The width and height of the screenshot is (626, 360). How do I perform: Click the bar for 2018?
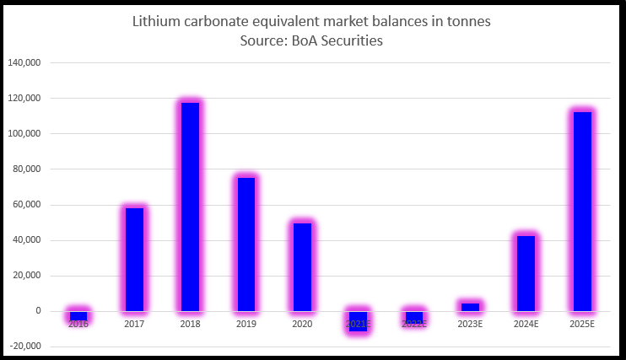(x=191, y=207)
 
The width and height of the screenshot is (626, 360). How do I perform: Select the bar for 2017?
(x=135, y=259)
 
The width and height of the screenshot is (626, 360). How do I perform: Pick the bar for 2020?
(x=303, y=266)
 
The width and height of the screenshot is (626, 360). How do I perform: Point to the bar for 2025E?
(x=582, y=211)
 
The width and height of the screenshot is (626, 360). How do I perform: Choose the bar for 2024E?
(x=526, y=273)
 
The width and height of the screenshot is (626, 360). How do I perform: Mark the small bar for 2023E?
(x=470, y=307)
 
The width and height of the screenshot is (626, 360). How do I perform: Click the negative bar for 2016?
(x=78, y=316)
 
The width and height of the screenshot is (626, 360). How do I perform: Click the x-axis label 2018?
(x=191, y=324)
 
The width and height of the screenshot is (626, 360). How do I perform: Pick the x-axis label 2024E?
(x=526, y=324)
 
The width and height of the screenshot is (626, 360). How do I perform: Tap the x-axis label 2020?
(x=303, y=324)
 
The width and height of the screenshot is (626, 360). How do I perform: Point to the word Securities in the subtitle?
(x=348, y=40)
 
